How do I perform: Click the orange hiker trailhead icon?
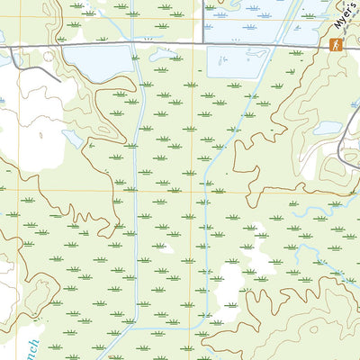[x=336, y=45]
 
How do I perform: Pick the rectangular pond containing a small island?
[x=238, y=61]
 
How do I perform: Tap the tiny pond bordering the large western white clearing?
[x=70, y=138]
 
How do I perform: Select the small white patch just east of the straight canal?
[x=162, y=245]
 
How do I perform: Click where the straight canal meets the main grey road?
[x=134, y=43]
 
